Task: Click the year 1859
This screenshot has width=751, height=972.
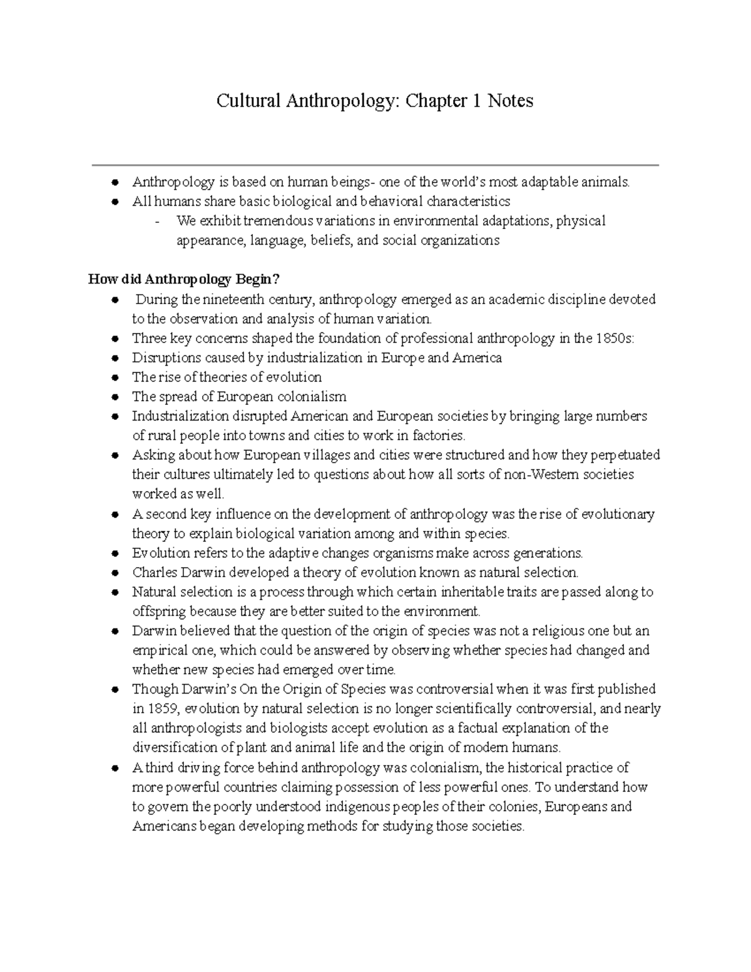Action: click(156, 709)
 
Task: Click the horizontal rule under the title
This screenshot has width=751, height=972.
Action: click(375, 165)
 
